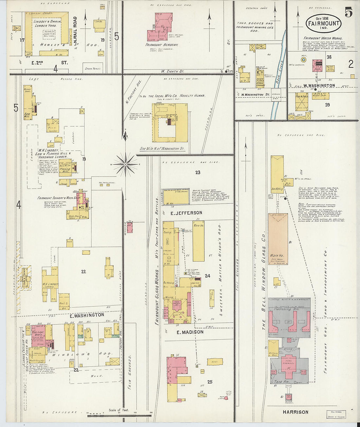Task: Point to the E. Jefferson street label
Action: tap(186, 213)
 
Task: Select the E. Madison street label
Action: tap(190, 332)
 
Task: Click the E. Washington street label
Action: tap(87, 315)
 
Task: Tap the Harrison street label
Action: tap(296, 412)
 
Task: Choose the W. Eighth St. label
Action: tap(172, 71)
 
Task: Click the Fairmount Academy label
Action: tap(162, 45)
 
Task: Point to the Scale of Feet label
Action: tap(119, 410)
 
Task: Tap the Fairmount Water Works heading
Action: tap(323, 38)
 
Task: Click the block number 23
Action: tap(198, 172)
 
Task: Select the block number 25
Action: tap(210, 382)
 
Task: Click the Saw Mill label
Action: tap(27, 115)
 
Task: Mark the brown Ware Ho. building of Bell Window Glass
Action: tap(278, 239)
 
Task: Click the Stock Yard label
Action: tap(93, 69)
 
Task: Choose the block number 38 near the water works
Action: tap(329, 57)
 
